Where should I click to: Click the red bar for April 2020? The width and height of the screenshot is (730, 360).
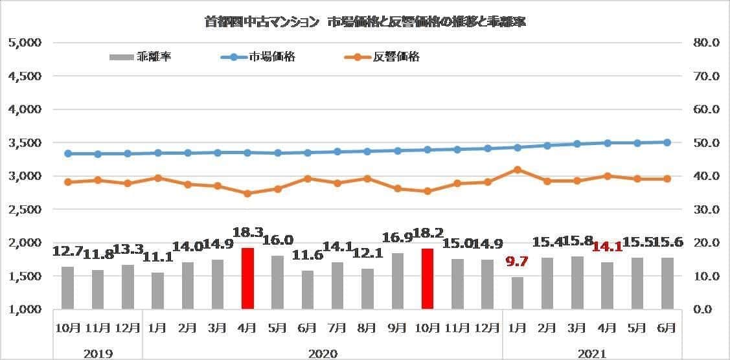[247, 278]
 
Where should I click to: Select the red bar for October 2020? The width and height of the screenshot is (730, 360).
[427, 278]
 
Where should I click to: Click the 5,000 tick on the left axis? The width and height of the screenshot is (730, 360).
[25, 43]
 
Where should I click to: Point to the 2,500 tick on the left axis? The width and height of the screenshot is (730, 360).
[25, 210]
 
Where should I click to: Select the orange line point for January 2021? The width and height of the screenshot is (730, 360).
[517, 170]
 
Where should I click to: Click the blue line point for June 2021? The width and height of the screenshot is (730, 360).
[667, 142]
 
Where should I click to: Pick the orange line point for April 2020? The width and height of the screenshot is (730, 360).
[247, 193]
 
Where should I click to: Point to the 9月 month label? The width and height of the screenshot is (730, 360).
[397, 328]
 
